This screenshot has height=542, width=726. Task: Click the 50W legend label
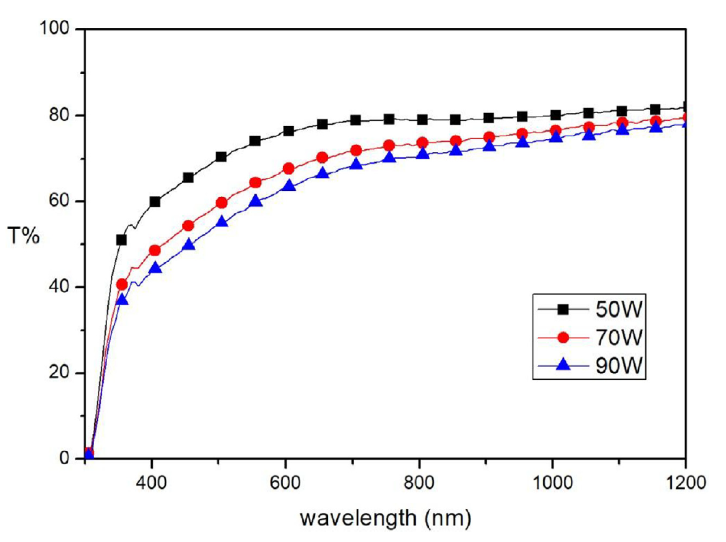point(618,309)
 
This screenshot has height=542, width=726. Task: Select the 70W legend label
point(618,337)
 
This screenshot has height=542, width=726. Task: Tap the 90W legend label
point(618,365)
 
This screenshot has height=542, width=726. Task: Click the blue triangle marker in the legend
point(563,365)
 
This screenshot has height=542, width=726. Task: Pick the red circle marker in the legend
point(563,337)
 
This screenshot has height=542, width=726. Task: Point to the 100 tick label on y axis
point(55,28)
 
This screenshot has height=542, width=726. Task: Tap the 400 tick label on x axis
point(151,483)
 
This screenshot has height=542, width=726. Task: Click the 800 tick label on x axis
point(419,483)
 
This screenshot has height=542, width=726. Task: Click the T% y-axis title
point(23,236)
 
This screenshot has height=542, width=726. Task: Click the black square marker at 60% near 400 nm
point(155,202)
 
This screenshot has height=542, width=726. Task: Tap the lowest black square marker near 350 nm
point(121,240)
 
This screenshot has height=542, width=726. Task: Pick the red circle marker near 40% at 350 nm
point(122,284)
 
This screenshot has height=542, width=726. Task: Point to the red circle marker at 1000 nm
point(556,130)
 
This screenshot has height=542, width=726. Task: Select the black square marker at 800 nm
point(422,119)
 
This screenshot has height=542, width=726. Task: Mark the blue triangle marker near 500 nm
point(222,221)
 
